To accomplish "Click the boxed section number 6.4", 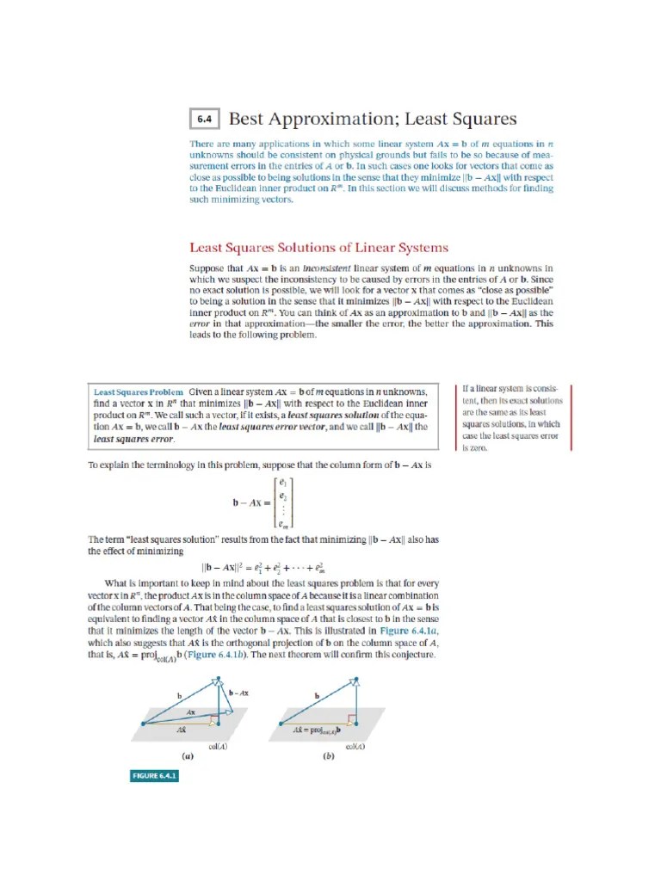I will coord(204,120).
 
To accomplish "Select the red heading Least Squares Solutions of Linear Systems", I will coord(318,248).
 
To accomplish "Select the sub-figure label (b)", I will coord(328,756).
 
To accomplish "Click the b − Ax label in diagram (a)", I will coord(238,691).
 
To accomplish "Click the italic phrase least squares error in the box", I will coord(133,440).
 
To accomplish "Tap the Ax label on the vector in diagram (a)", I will coord(190,712).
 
